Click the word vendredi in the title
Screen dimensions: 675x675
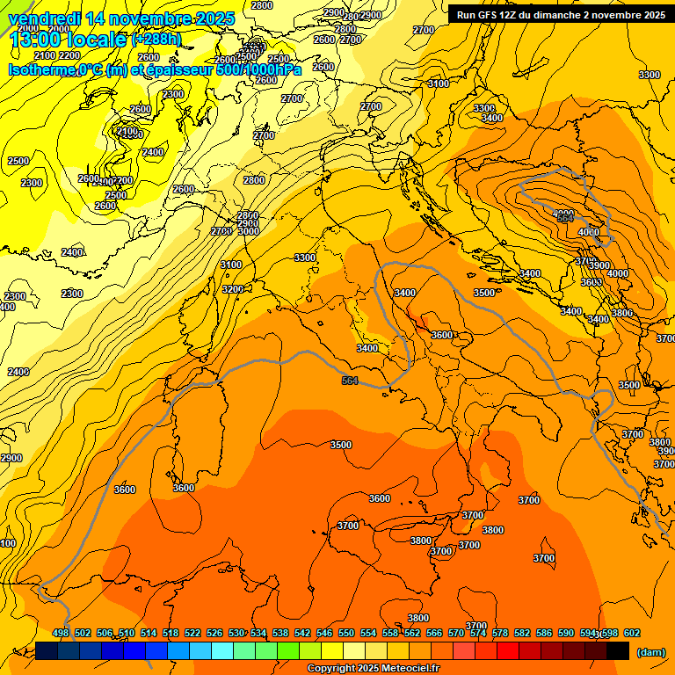[x=44, y=18]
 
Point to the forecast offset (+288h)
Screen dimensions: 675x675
[x=163, y=40]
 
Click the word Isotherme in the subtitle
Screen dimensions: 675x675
[x=41, y=70]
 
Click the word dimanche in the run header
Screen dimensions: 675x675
[x=551, y=15]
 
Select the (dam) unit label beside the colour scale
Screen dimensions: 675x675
[x=650, y=651]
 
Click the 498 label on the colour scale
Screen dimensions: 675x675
[x=61, y=633]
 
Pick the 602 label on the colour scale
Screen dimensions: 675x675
[x=631, y=633]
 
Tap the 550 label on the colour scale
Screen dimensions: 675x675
[x=346, y=633]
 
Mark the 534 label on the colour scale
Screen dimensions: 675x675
[x=258, y=633]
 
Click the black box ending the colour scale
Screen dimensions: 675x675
[x=618, y=650]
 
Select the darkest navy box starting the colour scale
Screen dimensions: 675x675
[x=47, y=650]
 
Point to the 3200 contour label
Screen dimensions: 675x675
[x=232, y=289]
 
